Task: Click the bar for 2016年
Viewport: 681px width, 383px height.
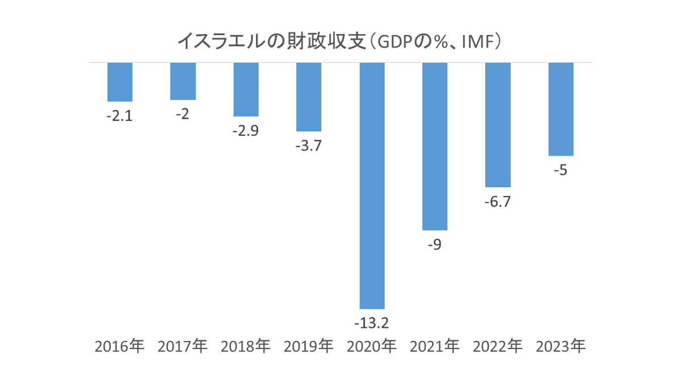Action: (120, 82)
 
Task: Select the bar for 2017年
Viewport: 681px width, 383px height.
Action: (183, 81)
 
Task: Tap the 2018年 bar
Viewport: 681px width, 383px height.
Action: (246, 89)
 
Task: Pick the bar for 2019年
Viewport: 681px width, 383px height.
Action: (309, 96)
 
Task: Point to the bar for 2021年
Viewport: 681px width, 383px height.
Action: (435, 146)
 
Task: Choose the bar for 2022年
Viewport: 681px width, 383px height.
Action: (498, 124)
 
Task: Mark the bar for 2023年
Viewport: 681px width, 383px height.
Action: (561, 109)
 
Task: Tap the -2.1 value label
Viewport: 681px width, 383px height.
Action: (120, 116)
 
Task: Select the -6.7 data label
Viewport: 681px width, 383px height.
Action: (498, 202)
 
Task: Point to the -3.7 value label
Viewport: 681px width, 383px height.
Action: (309, 146)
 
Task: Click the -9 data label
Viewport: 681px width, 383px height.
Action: (435, 245)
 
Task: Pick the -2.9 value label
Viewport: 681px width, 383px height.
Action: (246, 131)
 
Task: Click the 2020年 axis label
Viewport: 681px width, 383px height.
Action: (372, 346)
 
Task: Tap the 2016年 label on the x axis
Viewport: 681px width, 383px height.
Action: (120, 346)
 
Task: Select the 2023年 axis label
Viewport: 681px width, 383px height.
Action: (561, 346)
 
